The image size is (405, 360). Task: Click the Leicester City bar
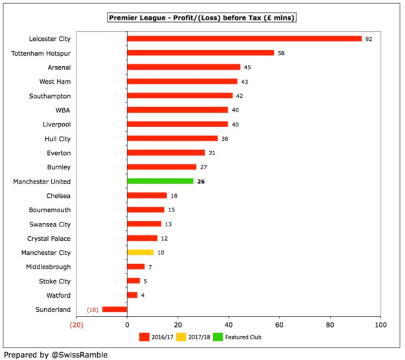(244, 38)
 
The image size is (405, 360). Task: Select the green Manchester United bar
(160, 182)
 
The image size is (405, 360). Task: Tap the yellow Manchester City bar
(141, 252)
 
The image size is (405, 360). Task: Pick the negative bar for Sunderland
(115, 309)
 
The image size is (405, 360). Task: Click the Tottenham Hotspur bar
(200, 53)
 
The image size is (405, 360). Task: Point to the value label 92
(369, 39)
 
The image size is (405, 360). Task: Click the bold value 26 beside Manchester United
(201, 182)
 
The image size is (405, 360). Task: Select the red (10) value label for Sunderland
(93, 310)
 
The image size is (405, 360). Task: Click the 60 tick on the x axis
(279, 324)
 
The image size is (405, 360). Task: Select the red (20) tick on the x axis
(76, 324)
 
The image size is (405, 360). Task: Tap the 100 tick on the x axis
(380, 324)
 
